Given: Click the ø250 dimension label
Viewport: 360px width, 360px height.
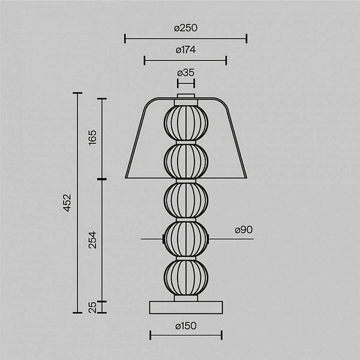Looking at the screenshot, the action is point(185,28).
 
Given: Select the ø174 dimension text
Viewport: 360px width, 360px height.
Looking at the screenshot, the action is point(185,50).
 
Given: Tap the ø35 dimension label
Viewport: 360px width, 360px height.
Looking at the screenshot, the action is point(186,73).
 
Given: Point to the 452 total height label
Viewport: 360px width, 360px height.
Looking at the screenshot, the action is point(67,203).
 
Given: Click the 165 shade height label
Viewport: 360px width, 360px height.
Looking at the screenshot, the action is point(92,137).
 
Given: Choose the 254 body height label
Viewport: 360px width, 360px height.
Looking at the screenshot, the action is point(92,240).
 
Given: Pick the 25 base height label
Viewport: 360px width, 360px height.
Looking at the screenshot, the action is point(92,307).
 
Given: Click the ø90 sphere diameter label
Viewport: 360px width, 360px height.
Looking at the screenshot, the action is point(244,230).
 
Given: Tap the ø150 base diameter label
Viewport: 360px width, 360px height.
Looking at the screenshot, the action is point(186,326).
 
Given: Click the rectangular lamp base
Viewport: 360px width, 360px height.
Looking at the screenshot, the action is point(186,307).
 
